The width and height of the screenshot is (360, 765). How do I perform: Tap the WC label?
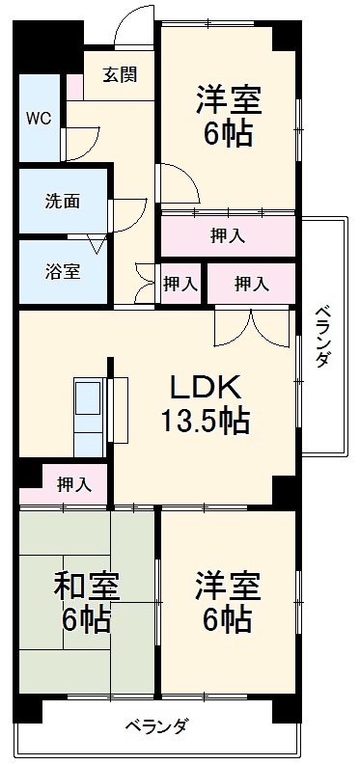click(40, 119)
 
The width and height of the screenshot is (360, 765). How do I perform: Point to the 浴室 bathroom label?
click(62, 271)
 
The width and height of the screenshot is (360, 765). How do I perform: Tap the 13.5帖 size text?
click(206, 422)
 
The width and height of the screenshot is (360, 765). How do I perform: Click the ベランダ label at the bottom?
click(155, 726)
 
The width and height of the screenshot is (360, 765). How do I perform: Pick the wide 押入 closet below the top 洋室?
click(228, 234)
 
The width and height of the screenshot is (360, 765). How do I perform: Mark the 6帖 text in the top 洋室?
click(228, 132)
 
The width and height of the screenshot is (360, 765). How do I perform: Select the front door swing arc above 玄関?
click(129, 29)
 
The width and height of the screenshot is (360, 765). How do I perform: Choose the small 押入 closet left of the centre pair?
click(180, 284)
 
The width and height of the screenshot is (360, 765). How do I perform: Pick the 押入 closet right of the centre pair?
click(251, 284)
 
